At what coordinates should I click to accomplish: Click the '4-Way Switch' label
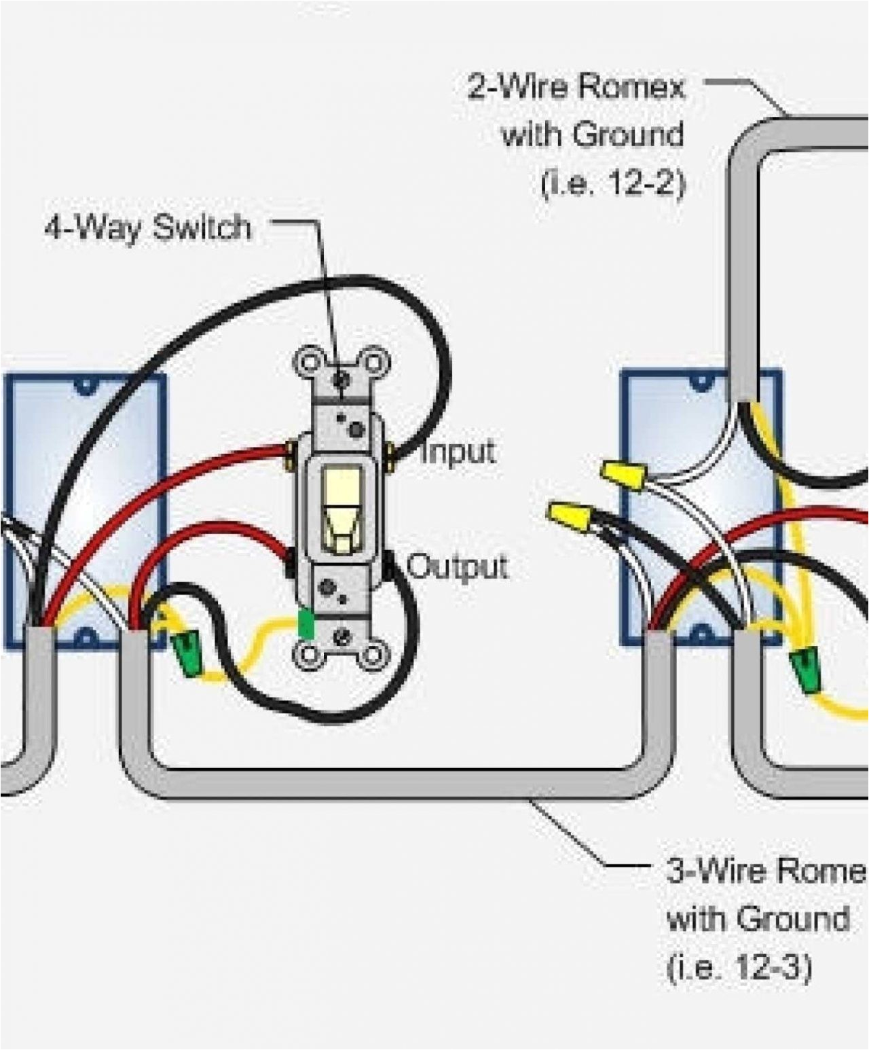click(148, 228)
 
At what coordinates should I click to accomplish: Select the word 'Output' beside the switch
click(457, 566)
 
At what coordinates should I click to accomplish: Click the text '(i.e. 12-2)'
click(613, 182)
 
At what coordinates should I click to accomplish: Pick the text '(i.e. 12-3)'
click(739, 967)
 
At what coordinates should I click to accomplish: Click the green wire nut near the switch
click(186, 652)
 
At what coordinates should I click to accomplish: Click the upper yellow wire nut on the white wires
click(622, 473)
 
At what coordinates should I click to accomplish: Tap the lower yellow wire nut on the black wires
click(571, 516)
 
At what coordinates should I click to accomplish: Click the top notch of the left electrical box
click(85, 386)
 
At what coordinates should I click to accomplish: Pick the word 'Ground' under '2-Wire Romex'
click(628, 134)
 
